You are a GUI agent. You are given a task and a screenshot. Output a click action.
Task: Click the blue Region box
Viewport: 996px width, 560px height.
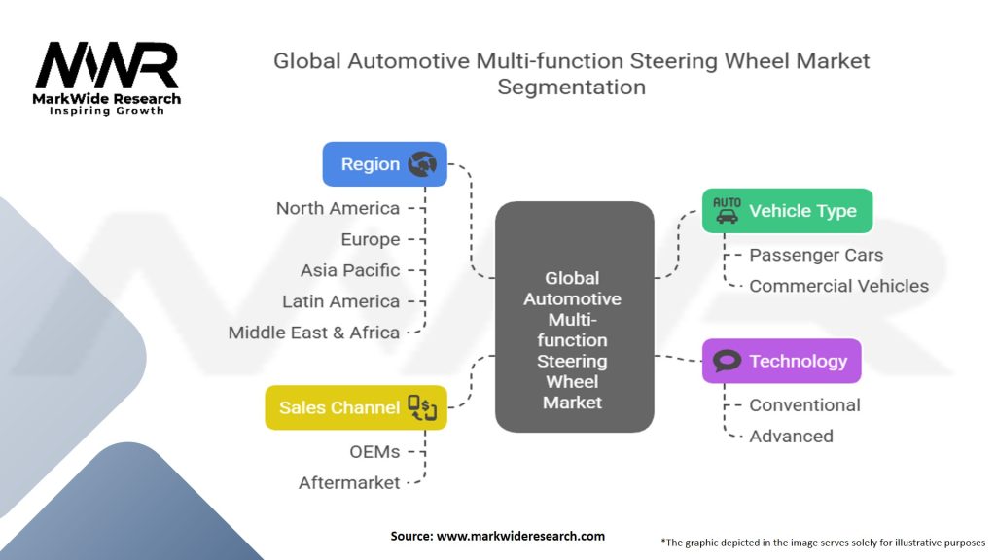[x=384, y=164]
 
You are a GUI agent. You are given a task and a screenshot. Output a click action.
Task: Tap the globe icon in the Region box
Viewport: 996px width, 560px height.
[x=422, y=164]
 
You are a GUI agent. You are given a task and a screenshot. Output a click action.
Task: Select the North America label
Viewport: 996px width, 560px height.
[x=338, y=208]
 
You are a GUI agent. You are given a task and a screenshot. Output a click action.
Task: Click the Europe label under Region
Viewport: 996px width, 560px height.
[x=370, y=239]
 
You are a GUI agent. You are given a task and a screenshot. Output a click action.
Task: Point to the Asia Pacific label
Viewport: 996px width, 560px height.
[x=349, y=270]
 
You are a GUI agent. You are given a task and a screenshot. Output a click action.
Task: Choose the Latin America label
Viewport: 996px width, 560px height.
[x=340, y=301]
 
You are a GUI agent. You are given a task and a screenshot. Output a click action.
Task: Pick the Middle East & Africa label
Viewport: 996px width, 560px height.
[x=314, y=332]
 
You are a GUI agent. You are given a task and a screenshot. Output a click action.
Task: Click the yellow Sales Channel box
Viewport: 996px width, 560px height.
[x=355, y=407]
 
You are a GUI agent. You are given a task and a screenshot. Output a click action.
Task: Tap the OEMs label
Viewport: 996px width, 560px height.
[x=374, y=451]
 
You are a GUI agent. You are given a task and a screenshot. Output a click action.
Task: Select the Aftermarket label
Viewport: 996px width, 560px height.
[x=349, y=482]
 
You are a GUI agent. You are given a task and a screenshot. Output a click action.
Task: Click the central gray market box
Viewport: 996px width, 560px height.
[x=574, y=317]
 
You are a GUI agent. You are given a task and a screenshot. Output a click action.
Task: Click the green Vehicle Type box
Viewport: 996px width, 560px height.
[x=787, y=211]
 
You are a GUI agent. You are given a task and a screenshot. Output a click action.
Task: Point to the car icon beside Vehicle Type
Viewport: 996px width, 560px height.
[x=727, y=210]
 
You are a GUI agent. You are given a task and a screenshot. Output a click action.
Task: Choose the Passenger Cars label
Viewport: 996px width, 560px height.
[x=816, y=255]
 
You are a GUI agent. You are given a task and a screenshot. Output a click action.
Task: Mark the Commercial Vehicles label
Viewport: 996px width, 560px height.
[x=838, y=286]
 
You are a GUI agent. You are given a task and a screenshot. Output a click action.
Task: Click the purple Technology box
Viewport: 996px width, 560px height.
[x=781, y=361]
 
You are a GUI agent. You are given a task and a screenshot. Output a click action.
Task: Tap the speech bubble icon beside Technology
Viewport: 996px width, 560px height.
[x=727, y=362]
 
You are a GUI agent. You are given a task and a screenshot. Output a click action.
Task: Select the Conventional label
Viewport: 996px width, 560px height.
[x=804, y=404]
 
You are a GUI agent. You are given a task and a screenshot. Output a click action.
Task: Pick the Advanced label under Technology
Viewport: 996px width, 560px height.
[x=791, y=436]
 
